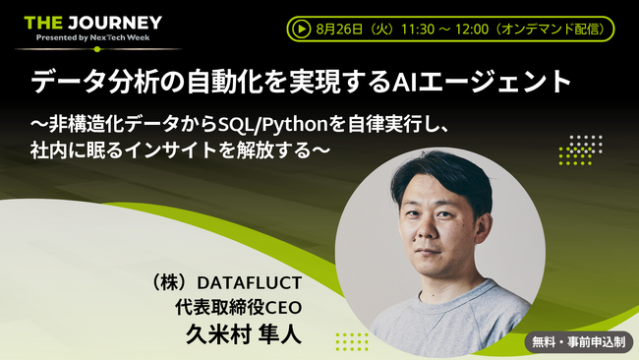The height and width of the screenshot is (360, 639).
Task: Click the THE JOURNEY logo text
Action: pyautogui.click(x=92, y=21)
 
